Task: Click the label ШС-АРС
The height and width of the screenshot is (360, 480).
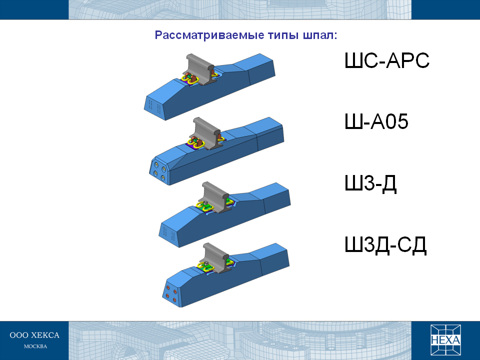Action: coord(387,60)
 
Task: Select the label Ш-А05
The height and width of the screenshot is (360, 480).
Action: coord(376,121)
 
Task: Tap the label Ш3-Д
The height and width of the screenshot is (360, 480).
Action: coord(370,183)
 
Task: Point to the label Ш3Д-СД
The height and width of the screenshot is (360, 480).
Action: coord(385,245)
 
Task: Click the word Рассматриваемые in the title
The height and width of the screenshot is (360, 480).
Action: coord(209,35)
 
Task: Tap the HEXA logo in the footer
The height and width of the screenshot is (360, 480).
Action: coord(445,340)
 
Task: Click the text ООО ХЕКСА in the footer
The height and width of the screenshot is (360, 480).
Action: coord(34,335)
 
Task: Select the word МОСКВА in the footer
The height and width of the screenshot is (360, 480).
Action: coord(35,346)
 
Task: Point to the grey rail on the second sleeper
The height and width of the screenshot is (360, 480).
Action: coord(207,132)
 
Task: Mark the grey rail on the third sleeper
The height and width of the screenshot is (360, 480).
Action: coord(216,197)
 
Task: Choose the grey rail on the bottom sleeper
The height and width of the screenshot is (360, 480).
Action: coord(216,258)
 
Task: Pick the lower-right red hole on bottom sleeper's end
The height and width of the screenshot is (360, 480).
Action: coord(174,300)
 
